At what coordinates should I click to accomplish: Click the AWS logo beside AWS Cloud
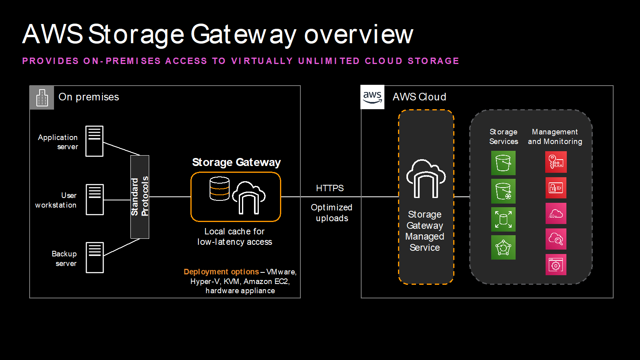[372, 97]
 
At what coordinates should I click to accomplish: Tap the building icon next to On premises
[42, 98]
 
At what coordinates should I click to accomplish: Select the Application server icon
[94, 141]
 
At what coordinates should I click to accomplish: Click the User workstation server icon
[95, 200]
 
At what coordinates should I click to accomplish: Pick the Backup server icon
[95, 258]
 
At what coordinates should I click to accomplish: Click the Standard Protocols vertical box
[140, 197]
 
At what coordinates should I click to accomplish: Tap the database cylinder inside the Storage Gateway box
[220, 189]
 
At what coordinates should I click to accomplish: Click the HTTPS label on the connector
[330, 188]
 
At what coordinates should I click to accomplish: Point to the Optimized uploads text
[332, 213]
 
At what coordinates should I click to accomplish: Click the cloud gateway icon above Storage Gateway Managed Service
[426, 179]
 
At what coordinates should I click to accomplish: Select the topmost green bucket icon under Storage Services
[503, 163]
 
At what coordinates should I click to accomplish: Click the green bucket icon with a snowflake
[503, 191]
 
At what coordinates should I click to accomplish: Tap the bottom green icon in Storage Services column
[503, 248]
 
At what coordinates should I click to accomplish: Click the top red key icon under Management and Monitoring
[556, 162]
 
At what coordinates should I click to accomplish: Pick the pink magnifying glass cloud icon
[556, 239]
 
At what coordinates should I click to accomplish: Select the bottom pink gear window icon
[556, 265]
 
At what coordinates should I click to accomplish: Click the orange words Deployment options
[221, 272]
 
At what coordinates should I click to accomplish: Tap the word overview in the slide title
[358, 34]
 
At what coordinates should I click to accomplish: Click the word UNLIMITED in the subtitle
[329, 61]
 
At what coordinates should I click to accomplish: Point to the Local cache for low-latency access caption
[235, 237]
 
